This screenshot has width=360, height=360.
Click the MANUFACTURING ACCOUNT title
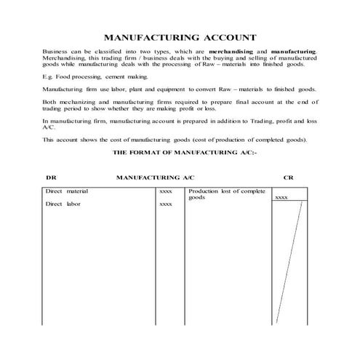[x=180, y=36]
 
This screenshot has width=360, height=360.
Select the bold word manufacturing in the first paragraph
[x=294, y=52]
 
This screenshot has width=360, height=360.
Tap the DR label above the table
[x=50, y=177]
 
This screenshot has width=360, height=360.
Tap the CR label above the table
[x=288, y=177]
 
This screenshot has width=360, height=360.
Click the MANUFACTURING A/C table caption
[x=155, y=177]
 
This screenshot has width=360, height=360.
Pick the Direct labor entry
[x=62, y=204]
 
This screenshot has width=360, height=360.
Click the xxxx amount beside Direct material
[x=165, y=191]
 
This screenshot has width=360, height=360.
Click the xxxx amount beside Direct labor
[x=165, y=204]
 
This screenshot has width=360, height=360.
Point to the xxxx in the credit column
[x=281, y=197]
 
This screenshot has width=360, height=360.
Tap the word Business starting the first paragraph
[x=55, y=52]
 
